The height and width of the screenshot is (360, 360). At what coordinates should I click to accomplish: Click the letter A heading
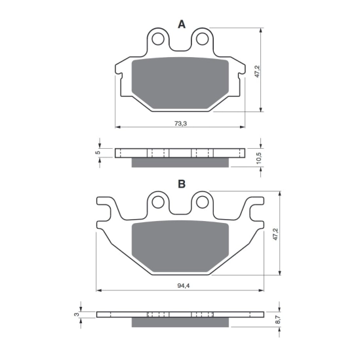[182, 24]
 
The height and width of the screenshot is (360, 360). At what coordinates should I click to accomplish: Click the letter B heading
[182, 184]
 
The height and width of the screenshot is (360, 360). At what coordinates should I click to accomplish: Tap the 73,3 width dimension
[181, 123]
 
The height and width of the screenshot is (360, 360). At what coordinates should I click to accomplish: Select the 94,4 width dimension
[184, 286]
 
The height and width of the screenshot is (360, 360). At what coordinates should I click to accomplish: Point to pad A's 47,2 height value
[257, 71]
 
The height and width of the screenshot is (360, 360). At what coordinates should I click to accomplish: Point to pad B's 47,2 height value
[275, 234]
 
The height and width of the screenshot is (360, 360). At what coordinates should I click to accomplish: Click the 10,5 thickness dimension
[259, 158]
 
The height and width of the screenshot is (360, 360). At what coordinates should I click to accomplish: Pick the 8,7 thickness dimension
[277, 319]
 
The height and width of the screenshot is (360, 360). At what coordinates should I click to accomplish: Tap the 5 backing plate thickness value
[98, 152]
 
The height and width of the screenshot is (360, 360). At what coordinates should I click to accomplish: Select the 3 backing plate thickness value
[77, 314]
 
